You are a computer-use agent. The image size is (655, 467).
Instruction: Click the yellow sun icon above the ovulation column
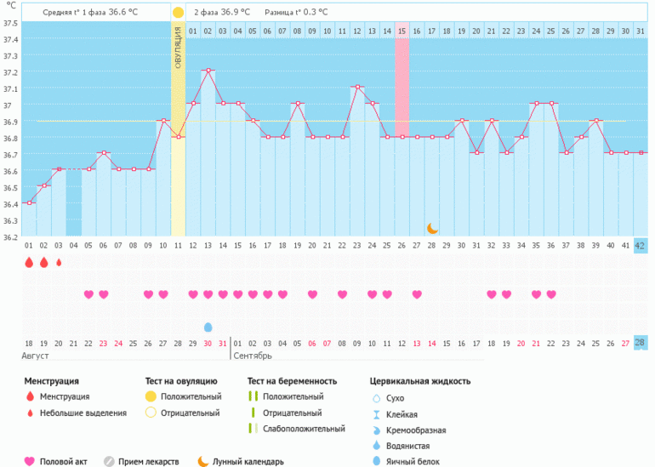click(178, 13)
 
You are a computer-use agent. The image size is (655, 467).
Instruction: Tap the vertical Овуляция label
click(179, 48)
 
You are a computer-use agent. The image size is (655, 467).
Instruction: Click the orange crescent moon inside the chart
click(432, 228)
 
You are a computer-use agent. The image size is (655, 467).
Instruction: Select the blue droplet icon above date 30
click(208, 327)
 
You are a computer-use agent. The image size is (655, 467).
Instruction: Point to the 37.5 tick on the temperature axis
click(9, 23)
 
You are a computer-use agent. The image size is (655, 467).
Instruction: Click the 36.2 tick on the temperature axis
click(9, 237)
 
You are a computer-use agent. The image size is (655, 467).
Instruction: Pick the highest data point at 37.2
click(208, 71)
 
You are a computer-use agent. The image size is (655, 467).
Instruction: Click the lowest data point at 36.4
click(29, 202)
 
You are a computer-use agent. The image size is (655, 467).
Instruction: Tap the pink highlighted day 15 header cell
click(402, 31)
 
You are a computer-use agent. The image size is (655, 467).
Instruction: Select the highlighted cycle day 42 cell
click(640, 246)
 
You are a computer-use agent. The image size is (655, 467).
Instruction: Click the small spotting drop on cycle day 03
click(59, 263)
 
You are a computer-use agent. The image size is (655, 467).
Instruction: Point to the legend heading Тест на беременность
click(292, 381)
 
